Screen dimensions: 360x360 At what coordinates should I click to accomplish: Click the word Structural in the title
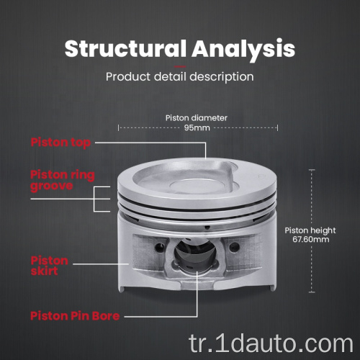[125, 48]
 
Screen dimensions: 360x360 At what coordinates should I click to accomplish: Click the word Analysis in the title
[243, 50]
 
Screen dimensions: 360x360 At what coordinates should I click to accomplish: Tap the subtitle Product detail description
[180, 77]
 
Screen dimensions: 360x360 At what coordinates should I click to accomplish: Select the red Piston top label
[60, 143]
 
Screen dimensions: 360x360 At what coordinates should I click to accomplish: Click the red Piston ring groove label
[63, 181]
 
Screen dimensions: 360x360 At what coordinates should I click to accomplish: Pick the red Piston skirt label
[50, 266]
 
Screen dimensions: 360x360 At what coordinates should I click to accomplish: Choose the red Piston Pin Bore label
[75, 316]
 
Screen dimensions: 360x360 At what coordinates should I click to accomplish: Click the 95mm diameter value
[197, 127]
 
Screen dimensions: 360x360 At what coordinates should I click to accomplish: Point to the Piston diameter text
[197, 118]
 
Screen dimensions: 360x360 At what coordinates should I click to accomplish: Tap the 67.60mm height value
[311, 239]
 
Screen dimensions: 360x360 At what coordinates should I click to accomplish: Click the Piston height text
[310, 230]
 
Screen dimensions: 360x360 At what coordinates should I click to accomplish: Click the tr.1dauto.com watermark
[271, 343]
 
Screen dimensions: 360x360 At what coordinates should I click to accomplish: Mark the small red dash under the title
[180, 66]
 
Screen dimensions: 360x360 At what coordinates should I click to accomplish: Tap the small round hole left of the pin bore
[159, 247]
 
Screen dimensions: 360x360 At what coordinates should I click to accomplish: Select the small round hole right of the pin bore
[234, 247]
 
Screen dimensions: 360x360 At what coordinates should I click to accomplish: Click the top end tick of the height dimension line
[312, 170]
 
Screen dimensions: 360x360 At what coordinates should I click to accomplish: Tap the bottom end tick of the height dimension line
[312, 292]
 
